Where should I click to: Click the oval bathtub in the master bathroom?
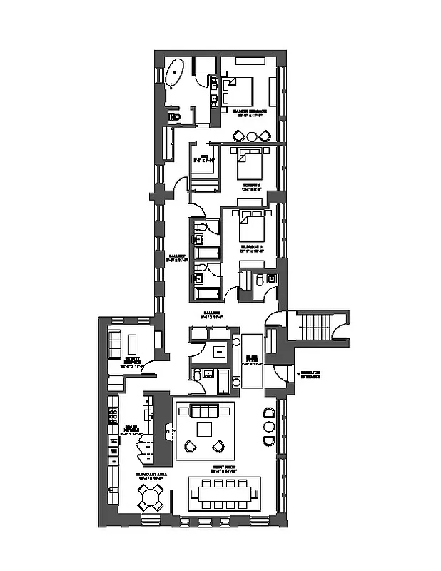175,74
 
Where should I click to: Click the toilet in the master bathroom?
176,117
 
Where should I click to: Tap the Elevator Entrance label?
308,375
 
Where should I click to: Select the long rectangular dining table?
225,492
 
